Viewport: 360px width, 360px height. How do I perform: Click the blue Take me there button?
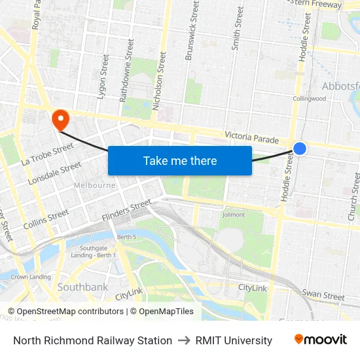pos(180,160)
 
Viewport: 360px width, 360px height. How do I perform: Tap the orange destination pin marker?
pos(60,118)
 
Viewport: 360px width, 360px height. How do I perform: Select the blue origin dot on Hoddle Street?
pos(299,149)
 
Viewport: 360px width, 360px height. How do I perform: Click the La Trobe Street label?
pos(47,154)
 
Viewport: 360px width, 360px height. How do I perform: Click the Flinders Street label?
pos(126,211)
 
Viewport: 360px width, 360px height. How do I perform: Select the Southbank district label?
pos(82,287)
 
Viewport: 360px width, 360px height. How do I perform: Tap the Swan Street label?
pos(323,297)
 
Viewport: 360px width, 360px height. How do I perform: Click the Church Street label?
pos(354,196)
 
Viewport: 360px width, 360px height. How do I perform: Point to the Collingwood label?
pos(309,99)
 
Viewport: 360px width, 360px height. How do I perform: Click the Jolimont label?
pos(234,215)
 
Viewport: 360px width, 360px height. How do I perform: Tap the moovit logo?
pos(321,340)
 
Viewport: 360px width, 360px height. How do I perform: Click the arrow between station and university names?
pos(183,340)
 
